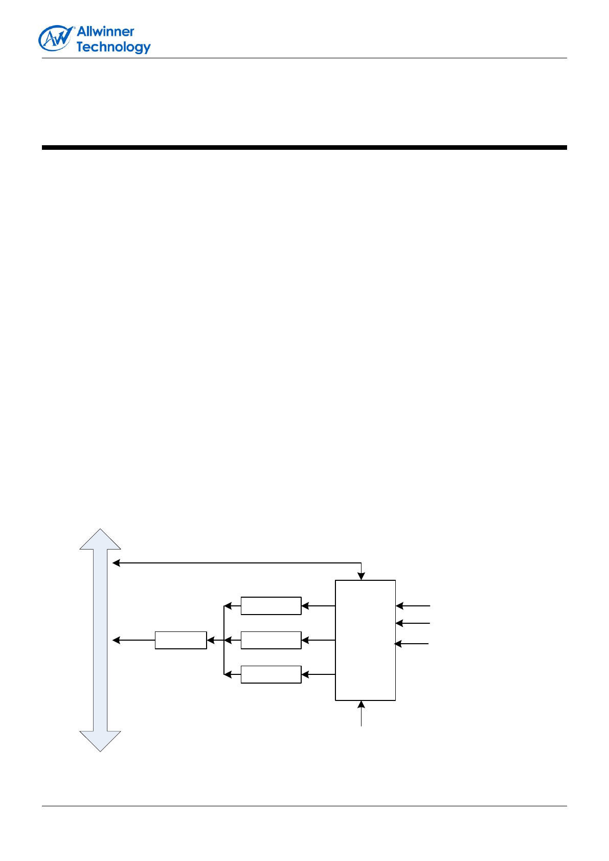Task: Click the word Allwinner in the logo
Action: click(x=105, y=31)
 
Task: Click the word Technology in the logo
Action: click(x=114, y=47)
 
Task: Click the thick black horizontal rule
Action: click(x=304, y=148)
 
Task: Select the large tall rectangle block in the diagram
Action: click(x=365, y=640)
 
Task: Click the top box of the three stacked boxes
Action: click(x=271, y=606)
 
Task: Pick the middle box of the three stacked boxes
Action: click(x=271, y=640)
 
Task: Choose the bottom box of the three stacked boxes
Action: click(x=271, y=675)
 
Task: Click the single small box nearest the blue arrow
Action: click(x=181, y=640)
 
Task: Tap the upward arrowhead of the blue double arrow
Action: click(x=100, y=539)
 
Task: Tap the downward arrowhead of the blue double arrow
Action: click(x=100, y=741)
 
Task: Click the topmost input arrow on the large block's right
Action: click(x=413, y=606)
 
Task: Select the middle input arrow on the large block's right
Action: click(x=413, y=623)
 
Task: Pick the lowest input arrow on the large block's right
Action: click(x=412, y=644)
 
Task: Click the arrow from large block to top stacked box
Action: click(x=318, y=606)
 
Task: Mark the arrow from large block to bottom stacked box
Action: click(x=318, y=675)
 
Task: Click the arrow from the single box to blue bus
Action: click(x=133, y=640)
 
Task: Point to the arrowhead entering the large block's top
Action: click(x=362, y=576)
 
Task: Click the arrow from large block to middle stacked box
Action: click(x=318, y=640)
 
